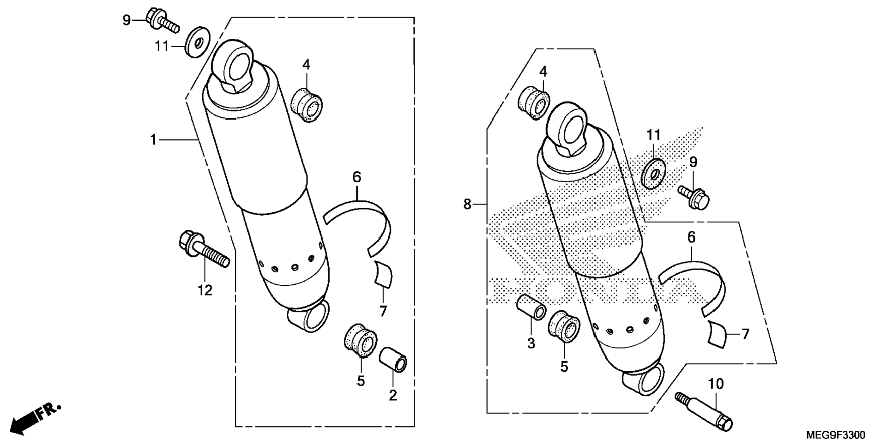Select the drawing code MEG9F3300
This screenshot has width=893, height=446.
pyautogui.click(x=836, y=435)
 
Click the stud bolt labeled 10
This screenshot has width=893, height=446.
pyautogui.click(x=705, y=411)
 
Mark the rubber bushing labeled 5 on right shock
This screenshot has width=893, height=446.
pyautogui.click(x=564, y=326)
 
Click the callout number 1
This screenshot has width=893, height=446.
pyautogui.click(x=153, y=139)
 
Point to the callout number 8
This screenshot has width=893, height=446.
pyautogui.click(x=467, y=204)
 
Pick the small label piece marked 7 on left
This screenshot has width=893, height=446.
pyautogui.click(x=383, y=274)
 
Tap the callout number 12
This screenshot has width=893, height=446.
pyautogui.click(x=205, y=290)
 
